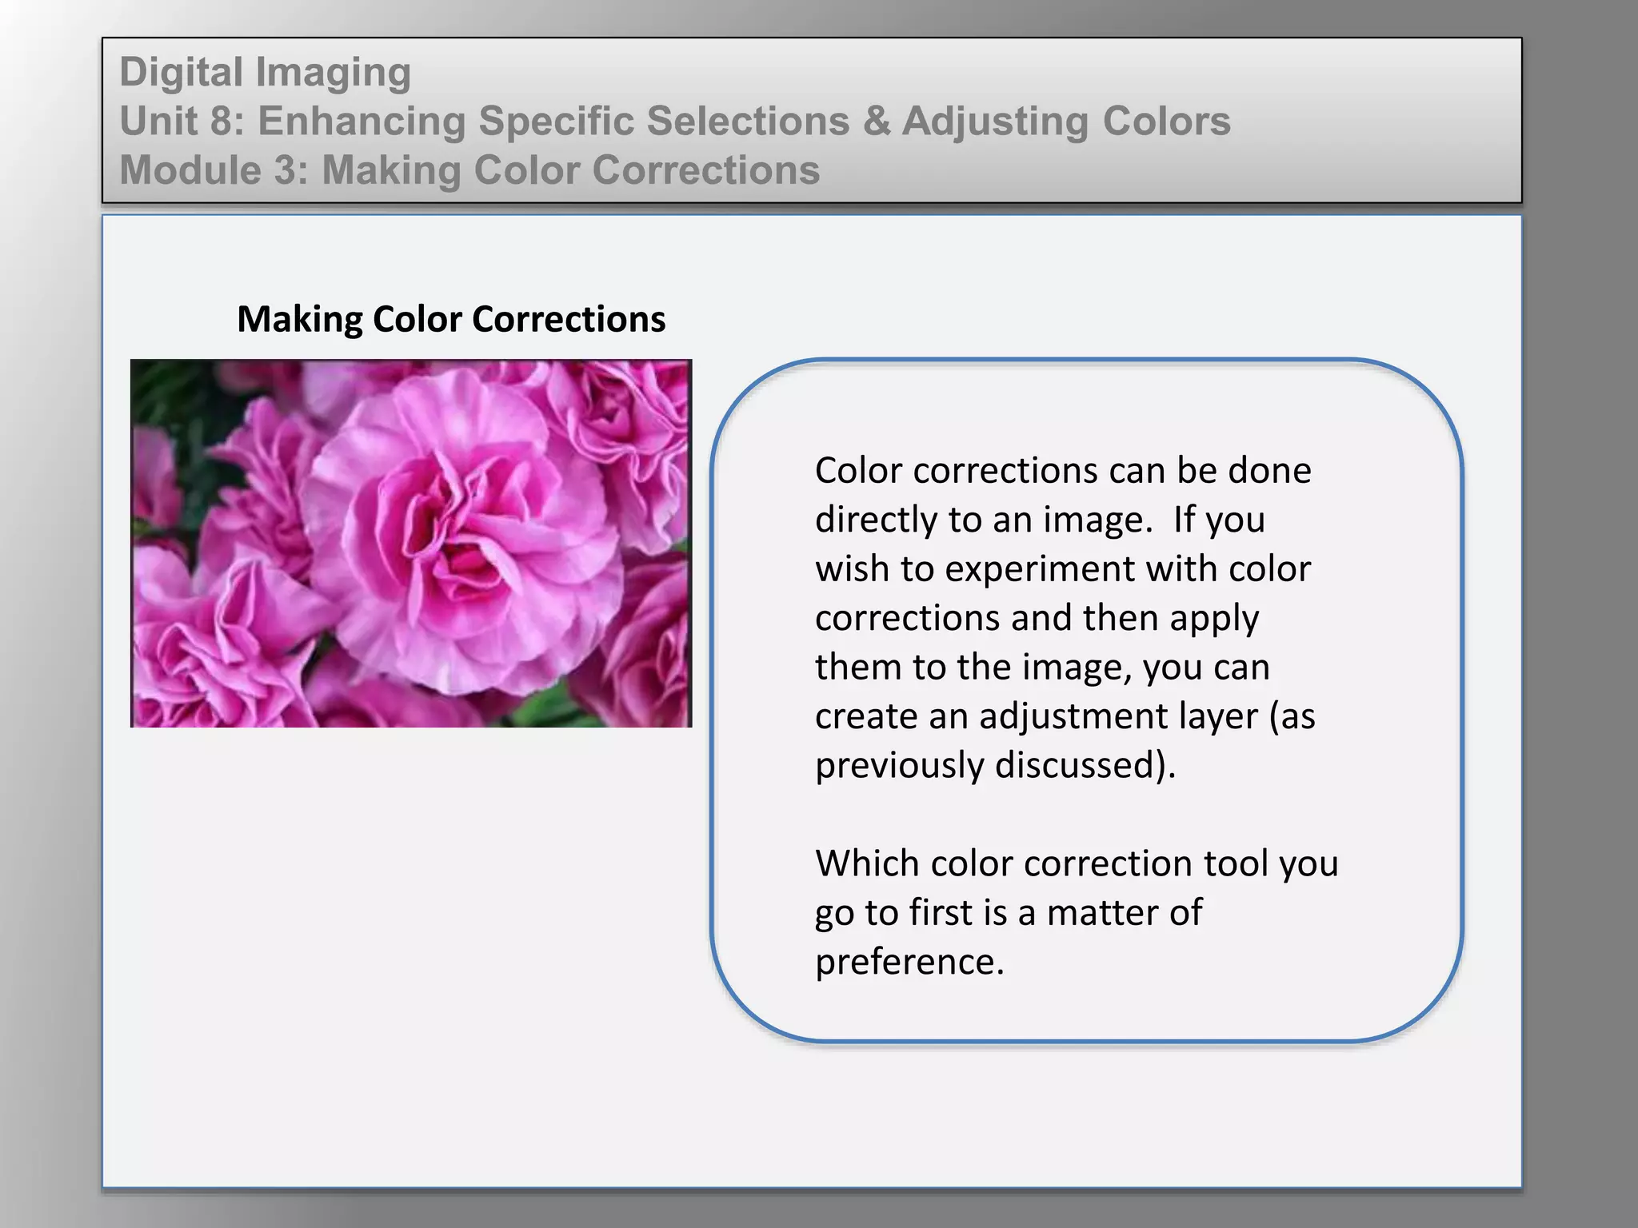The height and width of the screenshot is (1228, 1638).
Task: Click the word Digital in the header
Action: pos(181,72)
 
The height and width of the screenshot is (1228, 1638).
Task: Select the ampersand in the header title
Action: pos(876,122)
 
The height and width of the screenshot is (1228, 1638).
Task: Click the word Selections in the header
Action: pos(748,122)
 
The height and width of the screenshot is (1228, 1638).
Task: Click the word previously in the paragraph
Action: pos(900,766)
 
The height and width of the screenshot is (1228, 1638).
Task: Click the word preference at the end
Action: pos(909,962)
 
